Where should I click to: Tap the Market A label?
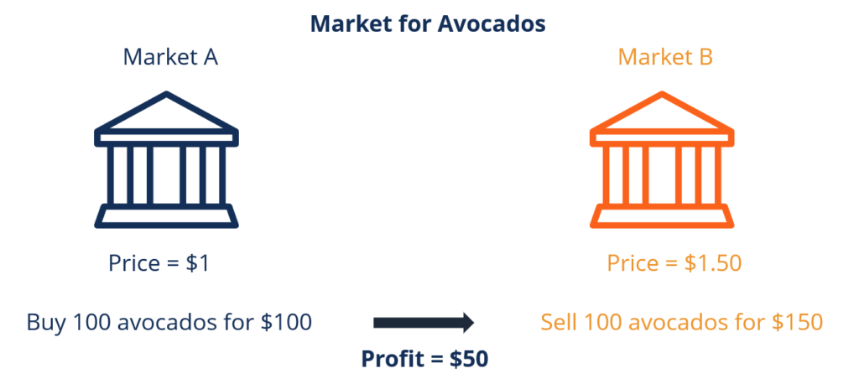pyautogui.click(x=171, y=57)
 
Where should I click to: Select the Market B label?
pyautogui.click(x=665, y=57)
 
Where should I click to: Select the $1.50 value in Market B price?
pyautogui.click(x=712, y=263)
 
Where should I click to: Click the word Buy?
pyautogui.click(x=44, y=322)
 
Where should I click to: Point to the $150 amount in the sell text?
pyautogui.click(x=796, y=322)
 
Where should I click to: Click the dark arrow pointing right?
pyautogui.click(x=424, y=322)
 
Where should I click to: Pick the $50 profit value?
pyautogui.click(x=468, y=359)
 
